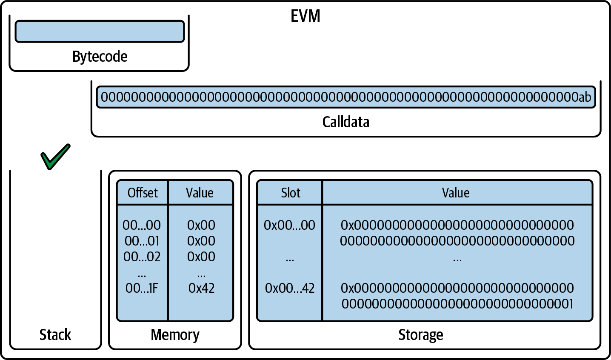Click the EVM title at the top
(x=305, y=16)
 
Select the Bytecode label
(x=100, y=57)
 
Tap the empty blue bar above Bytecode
(x=100, y=31)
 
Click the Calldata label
(x=345, y=122)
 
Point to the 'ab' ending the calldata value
(x=584, y=97)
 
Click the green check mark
(x=55, y=157)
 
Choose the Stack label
(x=55, y=335)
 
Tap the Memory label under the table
(x=175, y=335)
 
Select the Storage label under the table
(x=420, y=335)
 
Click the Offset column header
(x=143, y=193)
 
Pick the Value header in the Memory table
(x=200, y=193)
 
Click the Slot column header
(x=291, y=193)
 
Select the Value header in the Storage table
(x=456, y=193)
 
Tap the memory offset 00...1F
(x=142, y=289)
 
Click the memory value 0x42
(x=201, y=289)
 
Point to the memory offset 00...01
(x=142, y=241)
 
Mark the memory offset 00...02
(x=142, y=257)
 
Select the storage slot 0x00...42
(x=290, y=289)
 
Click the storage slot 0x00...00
(x=290, y=225)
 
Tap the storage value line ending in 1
(x=457, y=304)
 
